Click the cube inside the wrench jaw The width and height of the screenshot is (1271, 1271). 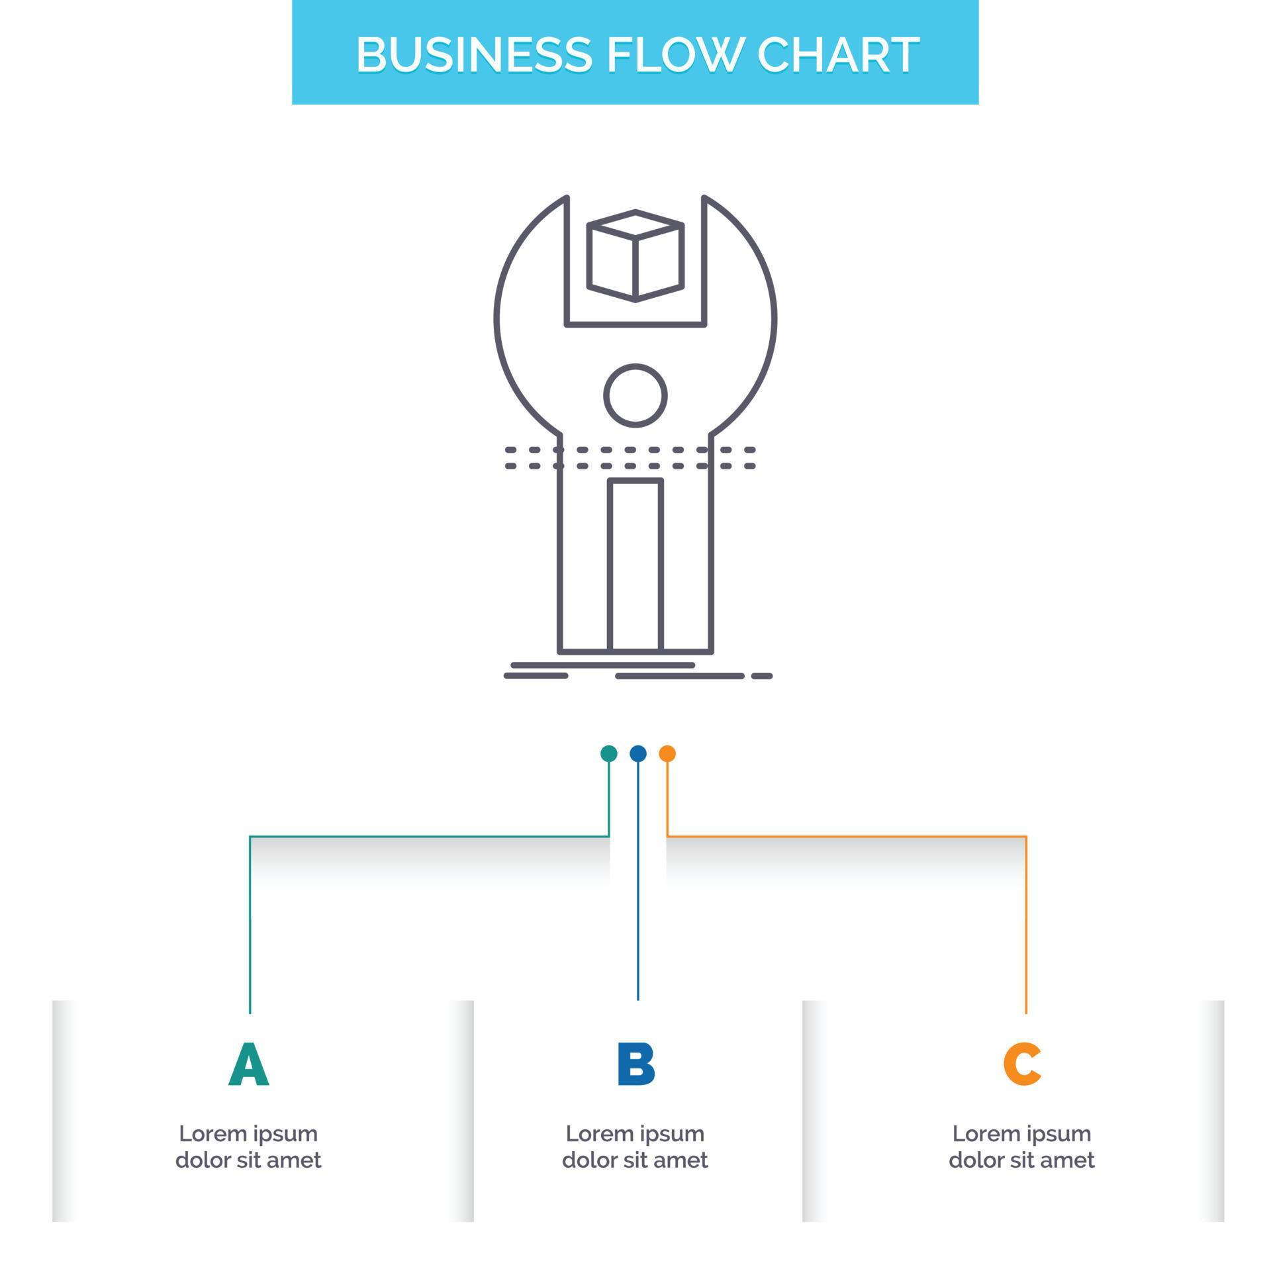[x=635, y=256]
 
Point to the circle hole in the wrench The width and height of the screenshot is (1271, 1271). [x=635, y=395]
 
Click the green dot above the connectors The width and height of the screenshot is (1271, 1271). [x=608, y=753]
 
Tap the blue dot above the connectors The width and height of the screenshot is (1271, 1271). [x=637, y=753]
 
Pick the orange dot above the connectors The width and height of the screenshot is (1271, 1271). [x=667, y=753]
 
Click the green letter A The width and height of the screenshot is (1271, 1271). [x=249, y=1064]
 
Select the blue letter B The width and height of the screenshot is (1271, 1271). [x=635, y=1064]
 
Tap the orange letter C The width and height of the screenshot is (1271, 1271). [x=1021, y=1064]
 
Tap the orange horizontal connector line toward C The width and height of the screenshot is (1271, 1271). [x=847, y=837]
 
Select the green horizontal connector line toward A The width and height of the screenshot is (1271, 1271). [x=430, y=837]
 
